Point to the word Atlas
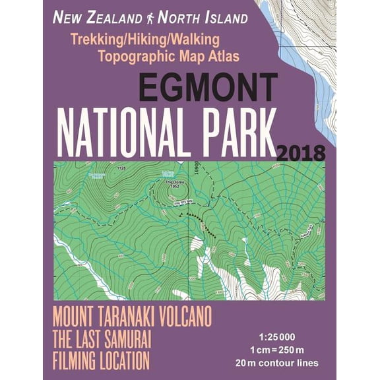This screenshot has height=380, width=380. [x=222, y=55]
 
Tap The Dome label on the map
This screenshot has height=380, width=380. [x=173, y=183]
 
